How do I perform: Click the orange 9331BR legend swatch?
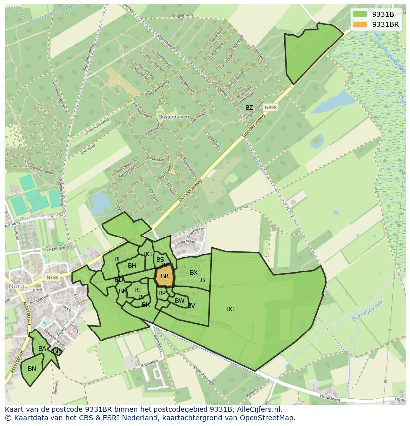tap(360, 24)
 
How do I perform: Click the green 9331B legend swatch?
tap(360, 14)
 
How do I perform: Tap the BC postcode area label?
tap(230, 309)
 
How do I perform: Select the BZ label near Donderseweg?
tap(249, 108)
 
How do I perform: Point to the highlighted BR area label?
tap(165, 276)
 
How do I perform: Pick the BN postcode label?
tap(32, 369)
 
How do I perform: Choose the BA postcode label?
tap(42, 349)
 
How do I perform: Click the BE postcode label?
tap(118, 259)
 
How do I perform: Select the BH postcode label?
tap(132, 266)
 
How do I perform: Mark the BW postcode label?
tap(179, 301)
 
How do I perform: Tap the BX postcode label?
tap(194, 273)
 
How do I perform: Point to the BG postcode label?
tap(147, 254)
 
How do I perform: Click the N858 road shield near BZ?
tap(270, 107)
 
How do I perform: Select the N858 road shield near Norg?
tap(51, 278)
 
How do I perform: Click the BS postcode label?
tap(160, 260)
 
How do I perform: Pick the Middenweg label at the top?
tap(181, 15)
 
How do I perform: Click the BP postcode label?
tap(162, 293)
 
